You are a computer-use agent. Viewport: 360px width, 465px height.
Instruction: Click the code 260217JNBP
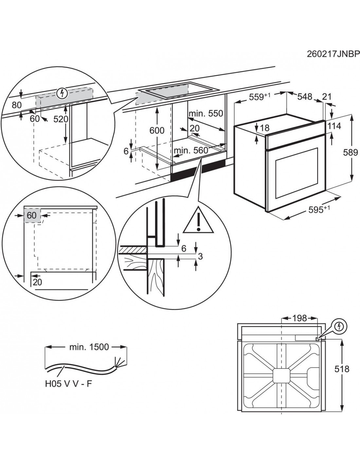coord(333,53)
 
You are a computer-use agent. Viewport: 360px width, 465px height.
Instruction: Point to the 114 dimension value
coord(334,126)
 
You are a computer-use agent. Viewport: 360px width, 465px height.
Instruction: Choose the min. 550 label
coord(206,114)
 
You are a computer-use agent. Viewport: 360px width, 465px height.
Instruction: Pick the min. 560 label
coord(191,150)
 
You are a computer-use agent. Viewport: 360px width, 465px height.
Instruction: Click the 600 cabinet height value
coord(157,130)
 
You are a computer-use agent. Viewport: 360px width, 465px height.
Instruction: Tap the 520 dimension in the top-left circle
coord(61,119)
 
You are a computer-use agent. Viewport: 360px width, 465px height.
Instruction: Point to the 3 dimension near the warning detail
coord(200,256)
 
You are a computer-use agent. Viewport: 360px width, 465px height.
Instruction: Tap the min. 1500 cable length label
coord(89,347)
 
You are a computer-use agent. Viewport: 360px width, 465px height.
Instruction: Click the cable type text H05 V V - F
coord(68,383)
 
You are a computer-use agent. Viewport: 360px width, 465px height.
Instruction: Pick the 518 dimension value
coord(342,369)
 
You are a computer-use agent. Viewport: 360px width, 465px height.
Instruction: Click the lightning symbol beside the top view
coord(341,326)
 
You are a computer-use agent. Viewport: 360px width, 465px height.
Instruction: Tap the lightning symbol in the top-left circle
coord(61,93)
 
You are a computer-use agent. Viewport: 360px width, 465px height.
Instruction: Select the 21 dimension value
coord(327,96)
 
